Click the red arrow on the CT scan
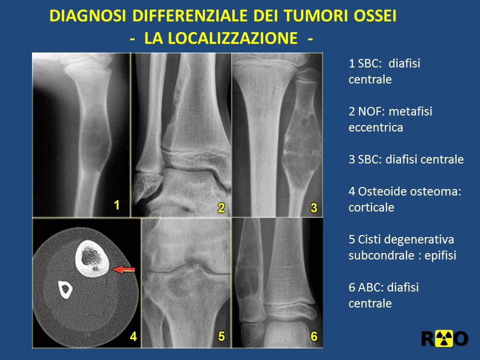(123, 269)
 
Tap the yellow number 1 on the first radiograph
(116, 205)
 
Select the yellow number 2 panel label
(221, 208)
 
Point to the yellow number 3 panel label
(314, 208)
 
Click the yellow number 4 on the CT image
(133, 336)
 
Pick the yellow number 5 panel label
(221, 336)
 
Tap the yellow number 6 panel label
(314, 336)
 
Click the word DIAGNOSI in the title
(87, 15)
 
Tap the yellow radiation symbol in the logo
(445, 338)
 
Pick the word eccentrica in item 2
(375, 127)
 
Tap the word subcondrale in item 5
(381, 255)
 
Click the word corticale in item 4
(371, 207)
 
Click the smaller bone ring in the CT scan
(65, 290)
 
